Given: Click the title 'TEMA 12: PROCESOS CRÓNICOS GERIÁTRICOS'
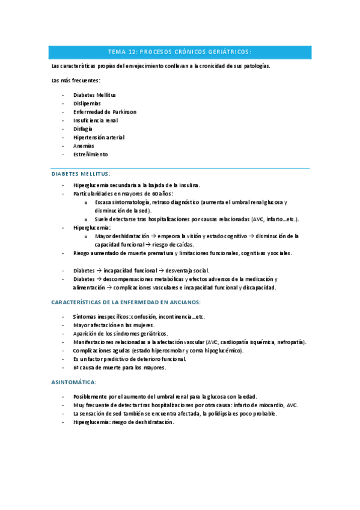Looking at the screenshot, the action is pyautogui.click(x=179, y=52).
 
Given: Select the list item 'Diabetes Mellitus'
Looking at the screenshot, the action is pyautogui.click(x=94, y=95).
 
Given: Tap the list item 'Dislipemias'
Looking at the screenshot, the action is pyautogui.click(x=87, y=103).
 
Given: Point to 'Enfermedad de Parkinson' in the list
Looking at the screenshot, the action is pyautogui.click(x=105, y=112).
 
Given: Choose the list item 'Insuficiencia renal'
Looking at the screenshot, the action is pyautogui.click(x=96, y=120).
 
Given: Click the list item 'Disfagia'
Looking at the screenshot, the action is pyautogui.click(x=83, y=129).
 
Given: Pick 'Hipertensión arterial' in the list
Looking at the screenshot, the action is pyautogui.click(x=99, y=137).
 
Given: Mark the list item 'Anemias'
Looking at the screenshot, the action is pyautogui.click(x=84, y=146).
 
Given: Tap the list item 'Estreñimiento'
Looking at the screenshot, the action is pyautogui.click(x=91, y=154).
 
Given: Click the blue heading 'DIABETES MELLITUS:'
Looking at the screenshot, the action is pyautogui.click(x=81, y=174).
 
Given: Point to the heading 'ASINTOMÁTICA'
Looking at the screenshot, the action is pyautogui.click(x=74, y=382).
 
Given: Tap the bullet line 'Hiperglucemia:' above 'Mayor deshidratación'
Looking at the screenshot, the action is pyautogui.click(x=92, y=228).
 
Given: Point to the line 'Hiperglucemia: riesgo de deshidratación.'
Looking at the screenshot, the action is pyautogui.click(x=123, y=422).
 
